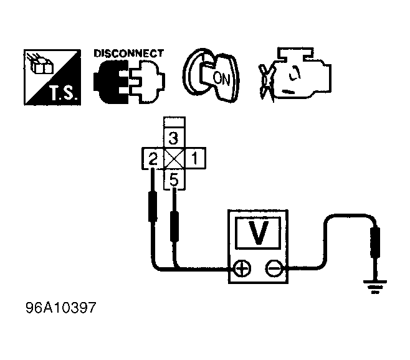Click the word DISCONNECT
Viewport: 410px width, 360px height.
[128, 54]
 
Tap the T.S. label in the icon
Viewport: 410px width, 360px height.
[64, 93]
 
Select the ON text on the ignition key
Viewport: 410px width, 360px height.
[221, 78]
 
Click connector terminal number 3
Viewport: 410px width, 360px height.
[174, 138]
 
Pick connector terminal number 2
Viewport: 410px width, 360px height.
[153, 158]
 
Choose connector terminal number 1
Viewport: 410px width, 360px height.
[195, 158]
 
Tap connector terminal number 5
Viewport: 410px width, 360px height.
[174, 179]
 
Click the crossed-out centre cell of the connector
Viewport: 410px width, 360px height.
[174, 158]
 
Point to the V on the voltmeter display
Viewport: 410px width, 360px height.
[259, 233]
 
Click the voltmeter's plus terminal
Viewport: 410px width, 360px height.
[242, 268]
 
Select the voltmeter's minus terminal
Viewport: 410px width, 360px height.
[274, 268]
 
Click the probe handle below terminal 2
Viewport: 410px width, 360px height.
[153, 207]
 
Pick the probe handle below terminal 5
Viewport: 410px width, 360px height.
[174, 227]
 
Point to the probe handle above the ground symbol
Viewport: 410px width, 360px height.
[375, 243]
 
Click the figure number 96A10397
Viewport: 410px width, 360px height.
[61, 308]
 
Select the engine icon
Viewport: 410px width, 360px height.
[295, 75]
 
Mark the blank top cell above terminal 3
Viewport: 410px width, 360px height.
[174, 122]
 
